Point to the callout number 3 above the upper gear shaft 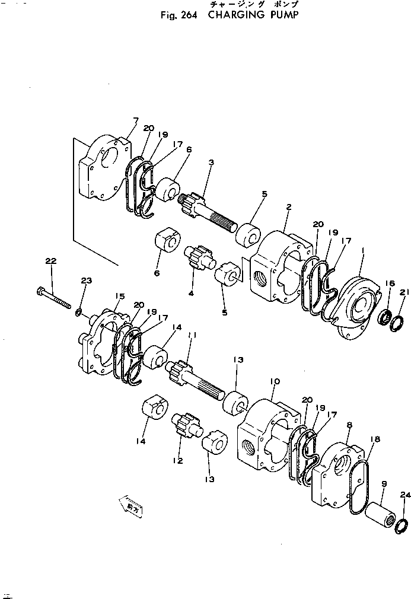coord(211,163)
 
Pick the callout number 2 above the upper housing coord(288,207)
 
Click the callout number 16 coord(389,285)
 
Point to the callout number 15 coord(119,296)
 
